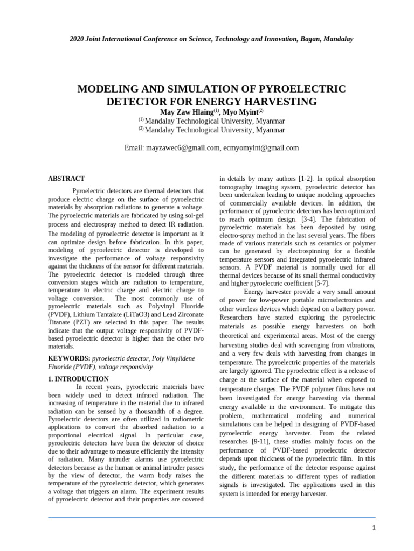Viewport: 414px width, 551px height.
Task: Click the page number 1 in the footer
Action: point(373,527)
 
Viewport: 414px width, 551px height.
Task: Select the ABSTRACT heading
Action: point(66,179)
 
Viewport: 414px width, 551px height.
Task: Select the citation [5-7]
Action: point(320,283)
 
